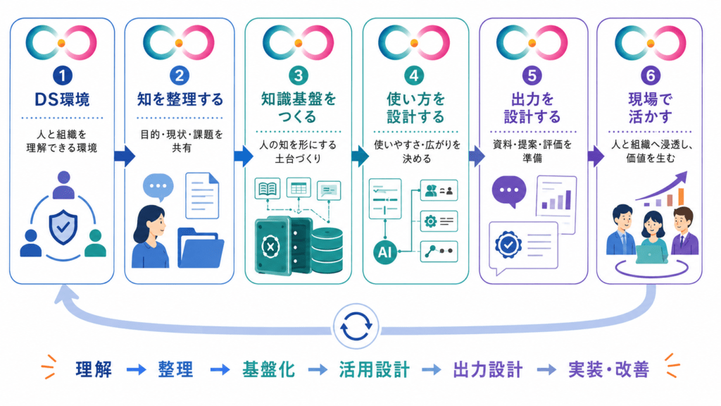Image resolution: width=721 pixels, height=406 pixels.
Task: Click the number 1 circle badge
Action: (x=63, y=75)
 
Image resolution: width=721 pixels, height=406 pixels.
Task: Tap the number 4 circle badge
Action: (x=414, y=75)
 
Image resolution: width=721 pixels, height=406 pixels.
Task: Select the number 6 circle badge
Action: (x=650, y=75)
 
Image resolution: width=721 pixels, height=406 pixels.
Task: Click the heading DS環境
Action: (x=63, y=99)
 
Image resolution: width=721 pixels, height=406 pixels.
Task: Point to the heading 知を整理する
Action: (x=180, y=99)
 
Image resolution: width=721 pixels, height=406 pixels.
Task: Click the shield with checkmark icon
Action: (x=63, y=227)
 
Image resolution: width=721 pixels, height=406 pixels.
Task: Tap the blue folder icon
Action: (x=200, y=248)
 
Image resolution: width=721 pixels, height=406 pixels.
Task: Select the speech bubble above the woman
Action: (x=158, y=187)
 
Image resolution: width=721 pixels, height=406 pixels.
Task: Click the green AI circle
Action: (x=385, y=252)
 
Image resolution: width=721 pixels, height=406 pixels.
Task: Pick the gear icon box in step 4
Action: (x=439, y=221)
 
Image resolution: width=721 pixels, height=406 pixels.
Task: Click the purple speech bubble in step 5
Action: (x=509, y=191)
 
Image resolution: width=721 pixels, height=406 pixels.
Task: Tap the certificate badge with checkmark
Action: (x=508, y=245)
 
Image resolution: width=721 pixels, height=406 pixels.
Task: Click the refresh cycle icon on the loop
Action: (x=356, y=326)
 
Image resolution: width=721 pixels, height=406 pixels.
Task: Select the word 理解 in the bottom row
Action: (x=94, y=369)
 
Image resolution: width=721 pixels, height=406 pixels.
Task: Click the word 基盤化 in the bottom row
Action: (x=268, y=369)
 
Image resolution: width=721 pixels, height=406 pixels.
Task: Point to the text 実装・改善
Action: (x=609, y=369)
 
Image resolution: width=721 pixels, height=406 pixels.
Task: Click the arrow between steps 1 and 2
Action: (x=125, y=156)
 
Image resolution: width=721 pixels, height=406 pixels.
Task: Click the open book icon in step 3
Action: (x=268, y=189)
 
